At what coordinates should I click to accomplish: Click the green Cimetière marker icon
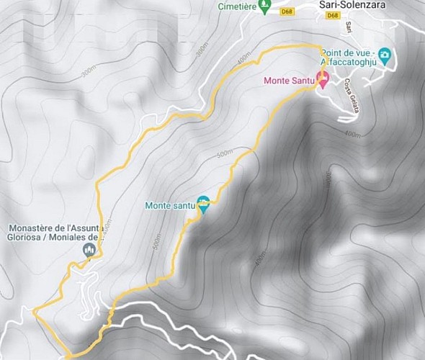tap(264, 7)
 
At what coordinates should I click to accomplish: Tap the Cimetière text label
tap(237, 6)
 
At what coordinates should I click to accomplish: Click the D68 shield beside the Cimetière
tap(287, 12)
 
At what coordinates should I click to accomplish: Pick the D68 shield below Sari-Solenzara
tap(333, 15)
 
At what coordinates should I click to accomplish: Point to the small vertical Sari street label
tap(348, 27)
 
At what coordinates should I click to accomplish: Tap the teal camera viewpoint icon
tap(385, 55)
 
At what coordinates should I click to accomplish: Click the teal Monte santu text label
tap(170, 206)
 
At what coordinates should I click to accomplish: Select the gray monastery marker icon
tap(89, 249)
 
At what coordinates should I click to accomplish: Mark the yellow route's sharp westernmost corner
tap(33, 311)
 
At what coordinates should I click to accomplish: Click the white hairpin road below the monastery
tap(86, 292)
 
